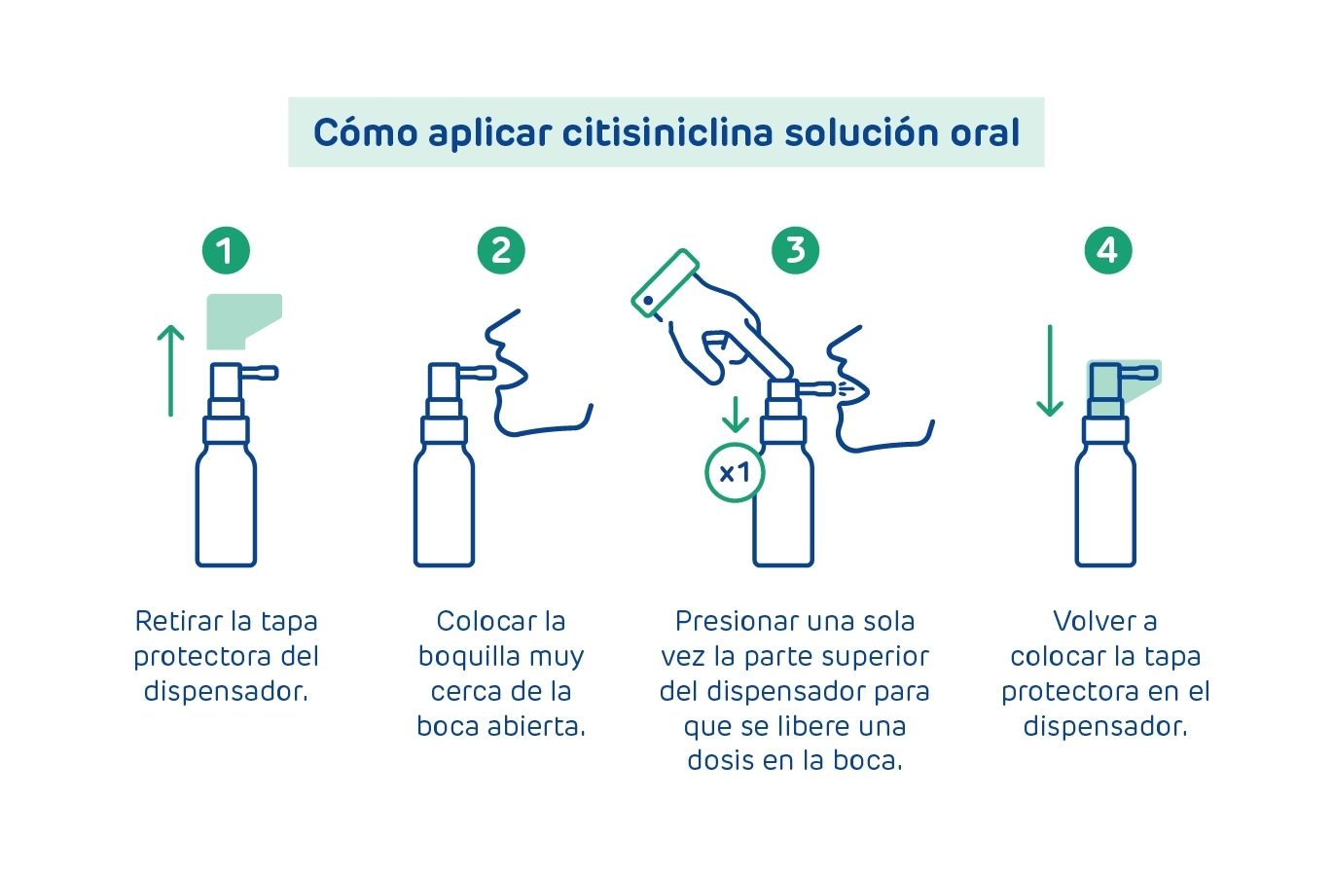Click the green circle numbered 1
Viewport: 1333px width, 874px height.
pos(226,250)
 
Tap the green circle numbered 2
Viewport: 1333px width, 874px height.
pos(501,250)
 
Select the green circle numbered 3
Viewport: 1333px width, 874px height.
pos(795,250)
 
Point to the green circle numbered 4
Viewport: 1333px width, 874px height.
pos(1107,250)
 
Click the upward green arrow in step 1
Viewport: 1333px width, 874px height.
pos(171,370)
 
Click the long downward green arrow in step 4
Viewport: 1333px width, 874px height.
pos(1050,370)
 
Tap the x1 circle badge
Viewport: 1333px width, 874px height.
pos(735,473)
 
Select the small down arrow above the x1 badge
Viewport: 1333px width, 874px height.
pos(736,415)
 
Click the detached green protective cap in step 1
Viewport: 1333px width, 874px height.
pos(244,321)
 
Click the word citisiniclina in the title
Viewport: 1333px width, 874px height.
pos(667,132)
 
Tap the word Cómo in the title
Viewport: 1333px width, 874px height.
pos(366,131)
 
